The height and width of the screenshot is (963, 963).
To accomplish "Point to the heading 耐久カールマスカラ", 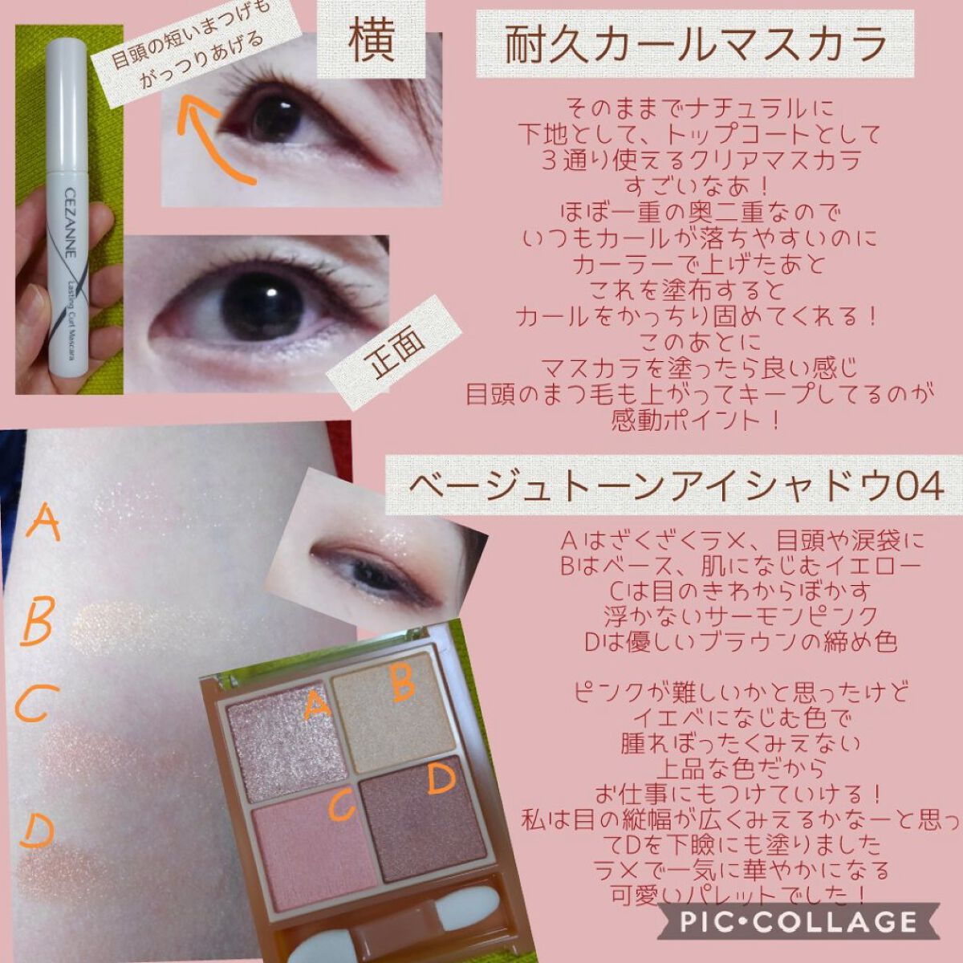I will (x=695, y=44).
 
